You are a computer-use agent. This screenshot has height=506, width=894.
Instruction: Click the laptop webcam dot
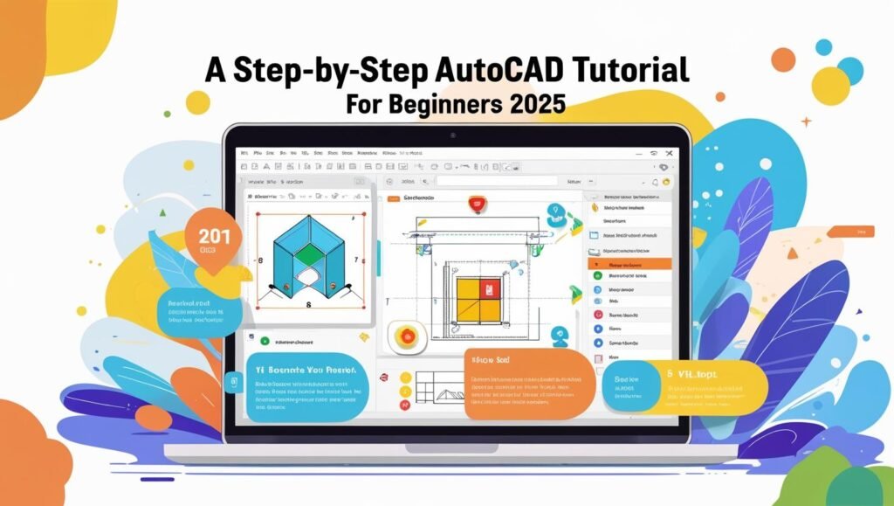click(x=453, y=135)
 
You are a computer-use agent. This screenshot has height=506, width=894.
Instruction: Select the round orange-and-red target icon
click(x=404, y=335)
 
